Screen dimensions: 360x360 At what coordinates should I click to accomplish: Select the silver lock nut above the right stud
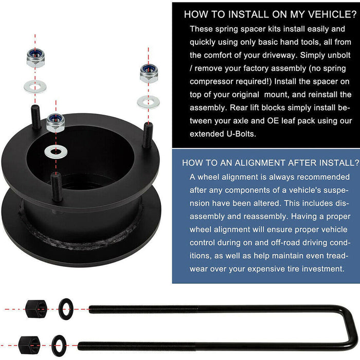tap(148, 72)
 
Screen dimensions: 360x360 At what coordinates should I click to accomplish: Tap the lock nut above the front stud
tap(55, 122)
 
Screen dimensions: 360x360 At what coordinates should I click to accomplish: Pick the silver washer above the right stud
tap(148, 101)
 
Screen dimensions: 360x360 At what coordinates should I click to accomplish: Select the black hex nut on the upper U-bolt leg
tap(35, 309)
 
